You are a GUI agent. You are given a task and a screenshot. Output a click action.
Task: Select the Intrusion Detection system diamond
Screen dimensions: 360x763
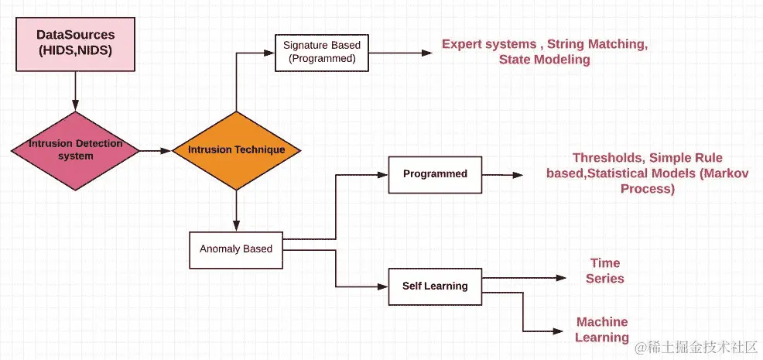tap(75, 150)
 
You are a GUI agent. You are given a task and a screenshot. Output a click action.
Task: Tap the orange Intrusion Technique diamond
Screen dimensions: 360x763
tap(235, 150)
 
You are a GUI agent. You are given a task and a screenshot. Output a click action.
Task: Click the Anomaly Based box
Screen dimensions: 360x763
tap(235, 249)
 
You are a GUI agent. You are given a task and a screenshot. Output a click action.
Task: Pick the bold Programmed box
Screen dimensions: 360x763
tap(435, 174)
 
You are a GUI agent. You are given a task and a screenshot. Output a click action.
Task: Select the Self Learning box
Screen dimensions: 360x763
tap(435, 286)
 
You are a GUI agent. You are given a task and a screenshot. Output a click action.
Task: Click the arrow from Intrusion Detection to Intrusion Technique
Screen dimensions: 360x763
tap(155, 150)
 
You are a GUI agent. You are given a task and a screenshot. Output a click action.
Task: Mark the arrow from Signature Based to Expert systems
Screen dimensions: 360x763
tap(395, 53)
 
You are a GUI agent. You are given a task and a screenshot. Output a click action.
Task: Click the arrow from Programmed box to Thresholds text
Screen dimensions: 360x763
tap(507, 175)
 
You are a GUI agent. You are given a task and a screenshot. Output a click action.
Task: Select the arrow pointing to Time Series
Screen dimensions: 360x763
tap(526, 277)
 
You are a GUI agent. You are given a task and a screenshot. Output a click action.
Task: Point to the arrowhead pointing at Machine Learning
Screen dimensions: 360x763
tap(558, 331)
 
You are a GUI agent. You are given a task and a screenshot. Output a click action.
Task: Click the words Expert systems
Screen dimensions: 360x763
tap(489, 44)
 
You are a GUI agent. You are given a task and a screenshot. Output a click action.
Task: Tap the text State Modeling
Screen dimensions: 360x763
tap(544, 60)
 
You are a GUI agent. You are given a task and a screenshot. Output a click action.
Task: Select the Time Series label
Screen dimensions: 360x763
tap(605, 271)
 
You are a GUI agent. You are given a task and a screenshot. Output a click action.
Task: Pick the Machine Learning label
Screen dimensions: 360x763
tap(602, 330)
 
